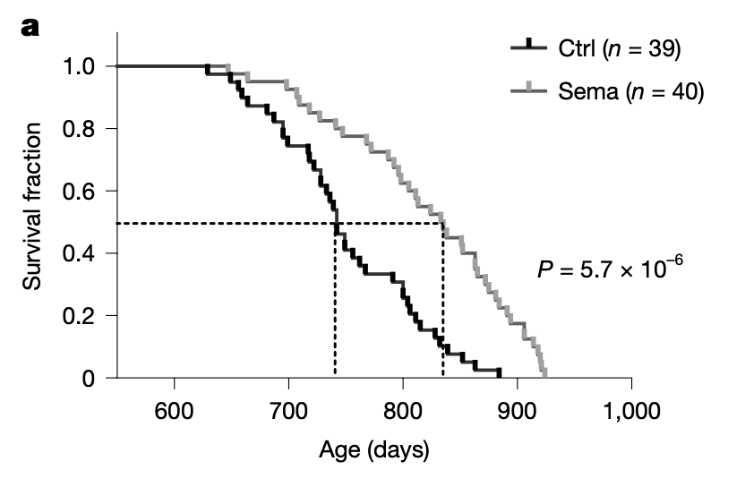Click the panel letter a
pos(30,28)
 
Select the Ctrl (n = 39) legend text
pos(619,48)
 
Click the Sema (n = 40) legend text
pos(630,90)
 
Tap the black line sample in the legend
pos(529,47)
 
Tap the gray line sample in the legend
pos(529,90)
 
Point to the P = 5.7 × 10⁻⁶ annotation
pos(610,268)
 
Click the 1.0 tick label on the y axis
pos(79,66)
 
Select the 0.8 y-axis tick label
pos(79,128)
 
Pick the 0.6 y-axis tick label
pos(79,191)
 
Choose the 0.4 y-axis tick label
pos(79,252)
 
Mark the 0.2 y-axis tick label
pos(79,315)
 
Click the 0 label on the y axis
pos(89,378)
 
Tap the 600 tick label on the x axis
pos(174,411)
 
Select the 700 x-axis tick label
pos(288,411)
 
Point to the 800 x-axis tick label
pos(403,411)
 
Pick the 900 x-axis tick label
pos(517,411)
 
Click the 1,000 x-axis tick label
pos(632,411)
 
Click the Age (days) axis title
pos(374,449)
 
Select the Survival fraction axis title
pos(32,206)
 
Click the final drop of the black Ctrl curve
pos(499,373)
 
